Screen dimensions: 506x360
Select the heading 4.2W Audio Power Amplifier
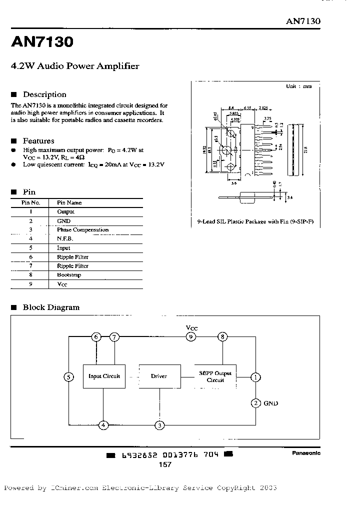pos(75,66)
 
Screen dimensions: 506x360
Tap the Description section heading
pos(44,94)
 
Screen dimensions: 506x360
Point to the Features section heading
pos(38,141)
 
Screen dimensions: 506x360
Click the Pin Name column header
pos(69,202)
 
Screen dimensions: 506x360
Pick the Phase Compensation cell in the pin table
pos(82,230)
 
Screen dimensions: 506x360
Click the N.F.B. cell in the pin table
pos(65,239)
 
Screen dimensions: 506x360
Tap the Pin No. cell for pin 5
pos(30,248)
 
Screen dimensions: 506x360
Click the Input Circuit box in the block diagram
pos(104,376)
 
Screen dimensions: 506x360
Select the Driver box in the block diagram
pos(159,376)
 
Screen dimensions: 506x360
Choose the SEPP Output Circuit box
pos(215,376)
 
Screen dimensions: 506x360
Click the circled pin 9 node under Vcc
pos(191,337)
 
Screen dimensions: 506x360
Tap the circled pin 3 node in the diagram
pos(159,425)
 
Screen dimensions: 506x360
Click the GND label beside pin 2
pos(270,403)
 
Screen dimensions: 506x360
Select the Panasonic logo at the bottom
pos(306,453)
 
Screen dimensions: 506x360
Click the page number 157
pos(164,464)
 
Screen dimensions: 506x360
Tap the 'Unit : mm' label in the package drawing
pos(298,86)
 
